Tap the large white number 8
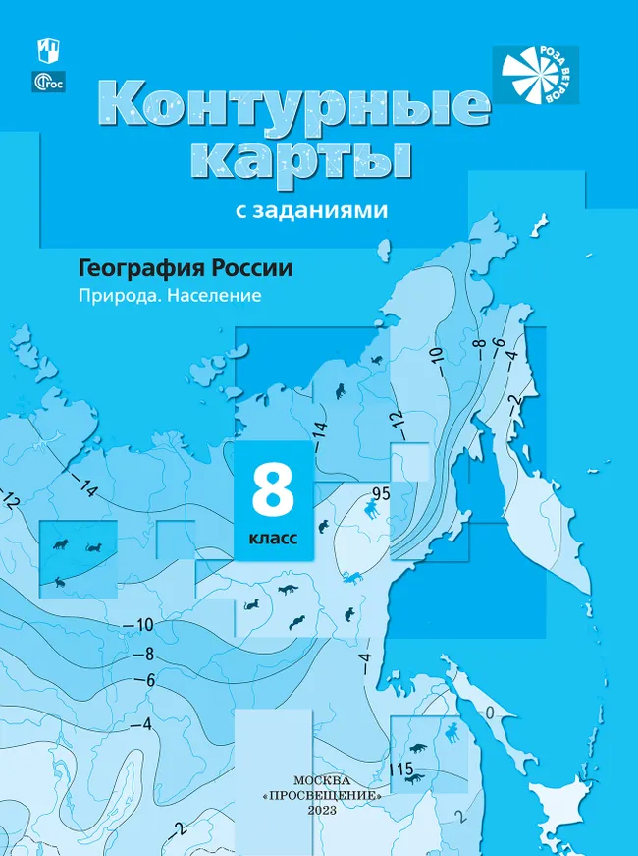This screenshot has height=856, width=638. click(x=273, y=491)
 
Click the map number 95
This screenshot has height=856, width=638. click(x=381, y=493)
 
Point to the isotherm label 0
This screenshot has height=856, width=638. click(x=489, y=712)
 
